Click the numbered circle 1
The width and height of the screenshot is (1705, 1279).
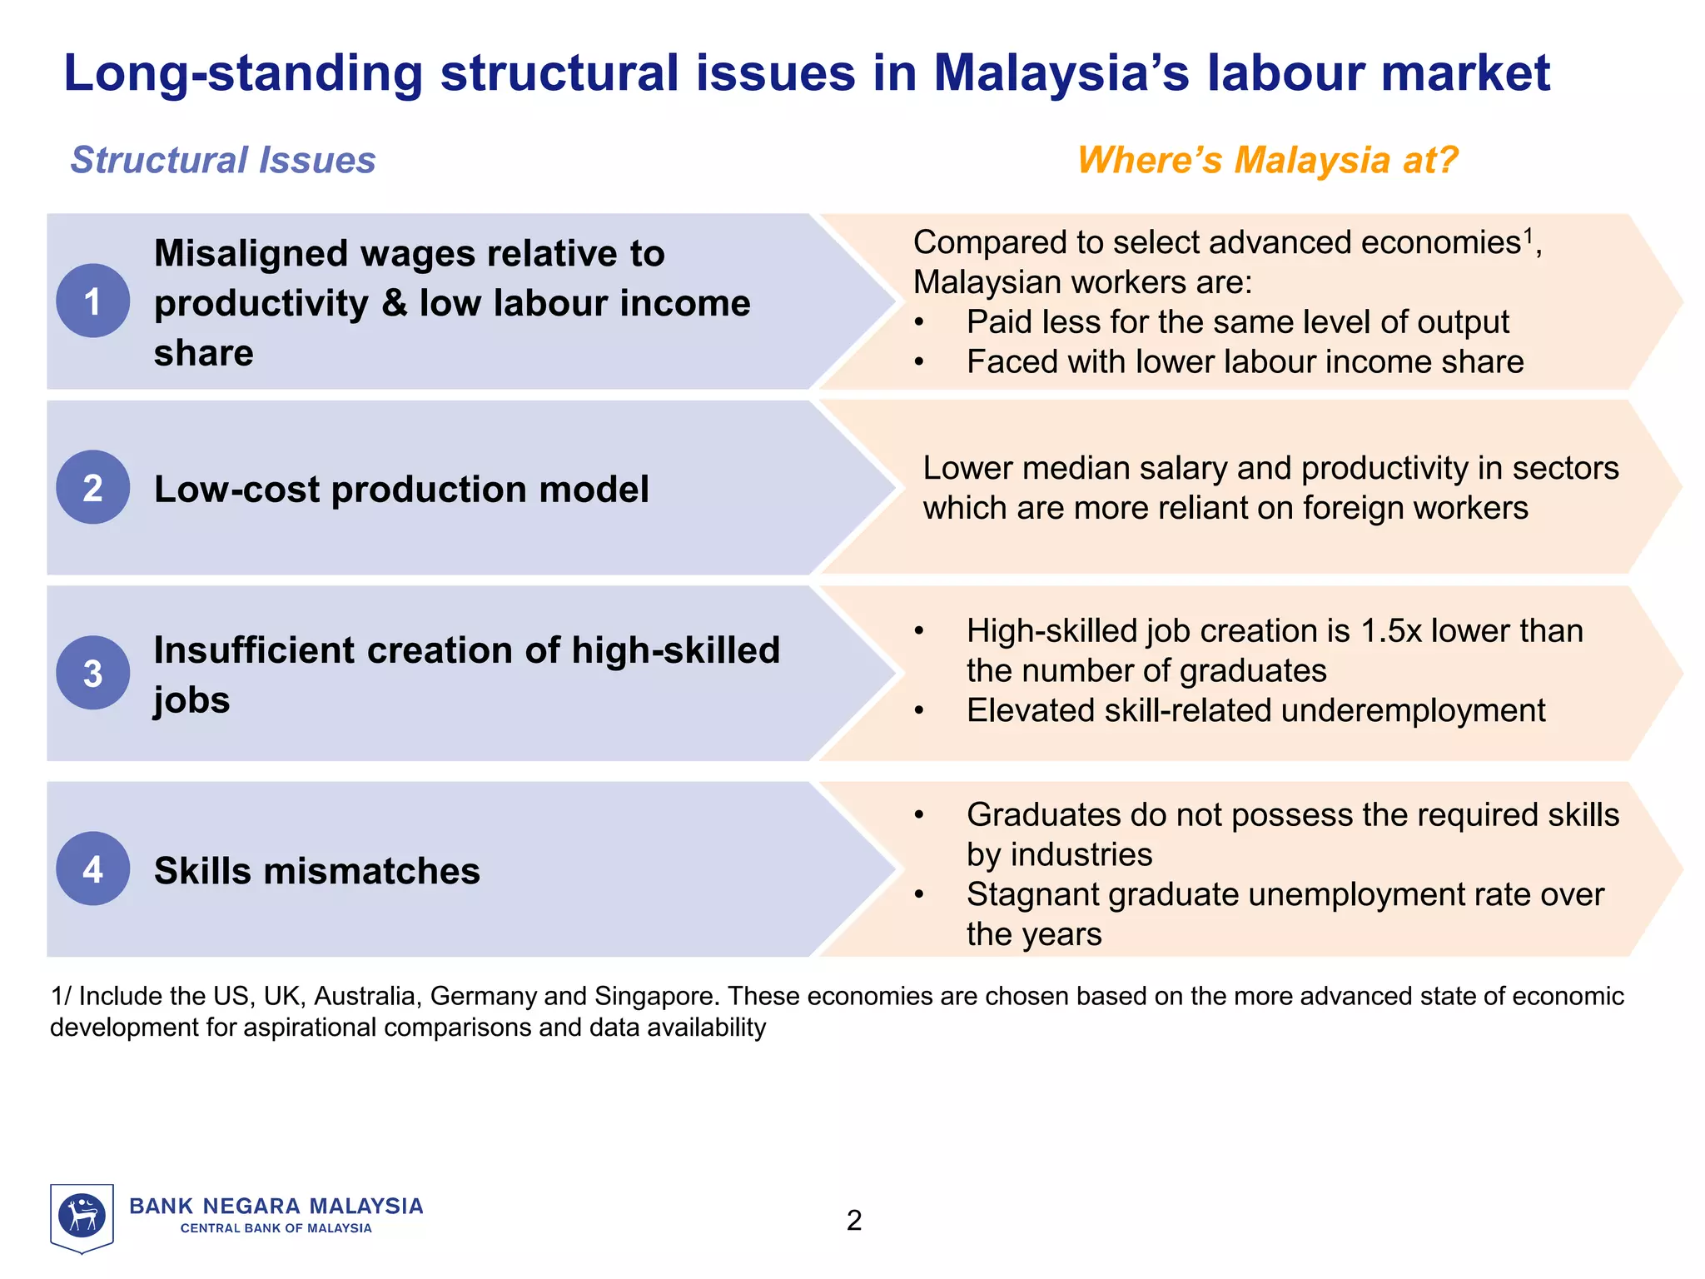pos(92,301)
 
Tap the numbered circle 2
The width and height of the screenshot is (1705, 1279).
pos(92,487)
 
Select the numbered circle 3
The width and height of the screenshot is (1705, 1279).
pos(92,673)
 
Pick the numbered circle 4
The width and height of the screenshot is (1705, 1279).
pos(92,868)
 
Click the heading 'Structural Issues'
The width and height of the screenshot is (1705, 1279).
pos(223,160)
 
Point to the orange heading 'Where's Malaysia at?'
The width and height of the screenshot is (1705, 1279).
pos(1267,160)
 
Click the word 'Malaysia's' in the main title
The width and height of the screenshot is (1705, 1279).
pos(1061,72)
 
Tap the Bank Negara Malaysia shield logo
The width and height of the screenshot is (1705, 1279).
pos(82,1217)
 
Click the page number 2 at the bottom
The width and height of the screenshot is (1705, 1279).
pos(854,1221)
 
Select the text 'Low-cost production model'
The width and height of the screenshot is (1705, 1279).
pos(401,489)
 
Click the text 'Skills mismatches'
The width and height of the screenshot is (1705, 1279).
pos(317,871)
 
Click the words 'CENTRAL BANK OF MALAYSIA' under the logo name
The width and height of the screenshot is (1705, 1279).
pos(276,1228)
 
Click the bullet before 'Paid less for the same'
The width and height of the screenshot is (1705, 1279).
pos(919,323)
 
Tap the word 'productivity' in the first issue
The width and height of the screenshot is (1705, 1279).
pos(261,303)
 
